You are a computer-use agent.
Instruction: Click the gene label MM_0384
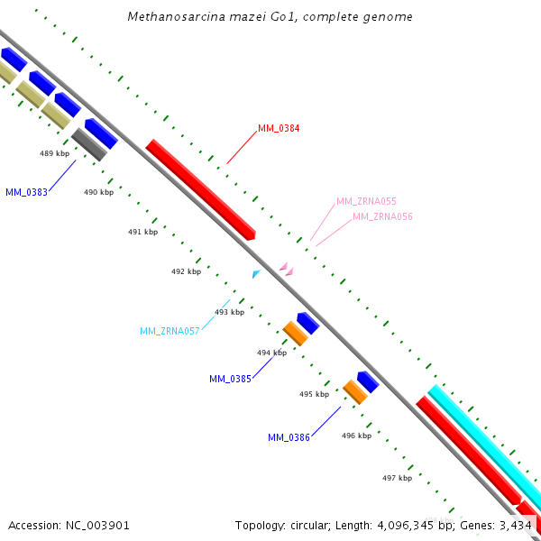click(279, 128)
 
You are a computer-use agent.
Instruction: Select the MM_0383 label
click(26, 192)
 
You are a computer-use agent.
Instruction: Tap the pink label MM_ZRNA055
click(366, 201)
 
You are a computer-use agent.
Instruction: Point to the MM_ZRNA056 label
click(382, 216)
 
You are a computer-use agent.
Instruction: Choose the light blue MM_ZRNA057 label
click(170, 331)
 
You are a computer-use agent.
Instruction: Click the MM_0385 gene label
click(230, 379)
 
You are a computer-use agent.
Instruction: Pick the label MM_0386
click(289, 437)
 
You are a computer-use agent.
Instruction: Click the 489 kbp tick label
click(54, 153)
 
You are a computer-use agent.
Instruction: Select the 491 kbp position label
click(142, 232)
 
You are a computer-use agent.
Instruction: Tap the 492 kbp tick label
click(187, 271)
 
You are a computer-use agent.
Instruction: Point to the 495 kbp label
click(315, 394)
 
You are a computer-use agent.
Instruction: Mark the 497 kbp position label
click(397, 478)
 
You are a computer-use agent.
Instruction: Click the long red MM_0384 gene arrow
click(200, 189)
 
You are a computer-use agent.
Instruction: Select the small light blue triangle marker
click(256, 274)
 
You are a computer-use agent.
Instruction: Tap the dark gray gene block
click(89, 144)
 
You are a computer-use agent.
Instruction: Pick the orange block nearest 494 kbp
click(296, 334)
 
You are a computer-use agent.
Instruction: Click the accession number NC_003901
click(97, 526)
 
